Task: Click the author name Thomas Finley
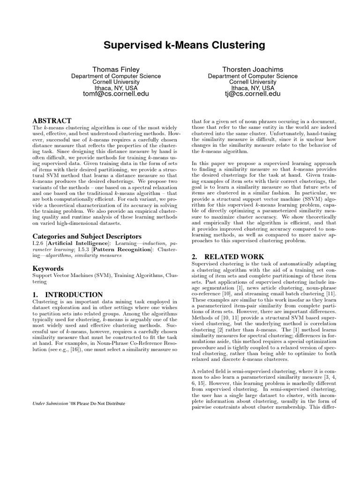(x=116, y=69)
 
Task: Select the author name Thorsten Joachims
(x=253, y=69)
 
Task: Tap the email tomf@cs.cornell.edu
(x=116, y=94)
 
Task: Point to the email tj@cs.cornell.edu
(x=253, y=94)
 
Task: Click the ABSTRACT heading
(x=52, y=121)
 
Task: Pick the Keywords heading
(x=48, y=269)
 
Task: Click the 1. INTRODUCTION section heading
(x=67, y=294)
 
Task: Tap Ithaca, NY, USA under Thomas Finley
(x=116, y=88)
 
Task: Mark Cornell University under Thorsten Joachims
(x=253, y=82)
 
